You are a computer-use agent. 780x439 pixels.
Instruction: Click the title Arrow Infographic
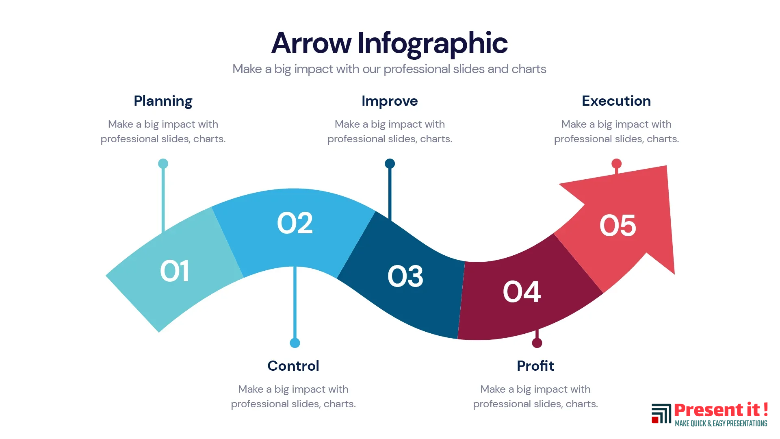click(x=389, y=43)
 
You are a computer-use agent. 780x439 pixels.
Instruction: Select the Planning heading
click(x=163, y=101)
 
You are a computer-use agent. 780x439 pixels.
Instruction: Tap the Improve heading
click(x=390, y=101)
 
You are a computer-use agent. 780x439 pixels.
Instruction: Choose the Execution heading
click(x=616, y=101)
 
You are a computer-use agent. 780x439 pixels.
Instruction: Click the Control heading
click(x=293, y=366)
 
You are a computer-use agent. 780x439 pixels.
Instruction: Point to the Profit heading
click(x=535, y=366)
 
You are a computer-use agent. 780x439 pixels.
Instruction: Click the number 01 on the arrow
click(x=175, y=271)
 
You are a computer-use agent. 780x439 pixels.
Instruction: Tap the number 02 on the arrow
click(x=295, y=223)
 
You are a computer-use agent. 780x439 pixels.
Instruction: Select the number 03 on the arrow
click(x=405, y=276)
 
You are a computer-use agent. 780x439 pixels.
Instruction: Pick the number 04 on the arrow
click(x=522, y=291)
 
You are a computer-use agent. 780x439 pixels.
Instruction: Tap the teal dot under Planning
click(x=163, y=163)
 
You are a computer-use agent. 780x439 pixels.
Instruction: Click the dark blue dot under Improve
click(x=390, y=163)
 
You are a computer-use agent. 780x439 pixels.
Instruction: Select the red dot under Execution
click(x=616, y=163)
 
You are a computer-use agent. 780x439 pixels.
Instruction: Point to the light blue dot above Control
click(x=295, y=343)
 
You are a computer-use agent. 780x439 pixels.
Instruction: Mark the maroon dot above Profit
click(x=537, y=343)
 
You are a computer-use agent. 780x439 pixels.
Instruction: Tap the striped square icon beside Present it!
click(x=661, y=413)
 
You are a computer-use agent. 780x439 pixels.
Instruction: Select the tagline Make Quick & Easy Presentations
click(x=721, y=424)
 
